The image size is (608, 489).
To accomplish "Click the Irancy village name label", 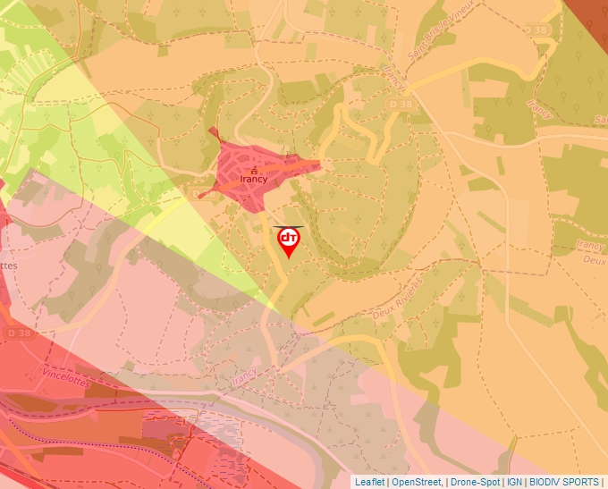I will click(x=254, y=178).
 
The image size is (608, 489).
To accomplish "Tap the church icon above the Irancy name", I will click(x=254, y=168).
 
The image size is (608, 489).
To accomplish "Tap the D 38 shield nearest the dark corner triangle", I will click(x=536, y=30).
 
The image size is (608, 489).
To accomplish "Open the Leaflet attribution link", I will click(x=369, y=482).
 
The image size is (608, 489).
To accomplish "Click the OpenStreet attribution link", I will click(x=417, y=482).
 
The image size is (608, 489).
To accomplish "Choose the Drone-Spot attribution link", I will click(x=475, y=482).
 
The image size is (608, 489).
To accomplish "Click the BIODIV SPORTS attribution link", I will click(x=563, y=482).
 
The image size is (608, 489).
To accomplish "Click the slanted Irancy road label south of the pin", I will click(x=242, y=378).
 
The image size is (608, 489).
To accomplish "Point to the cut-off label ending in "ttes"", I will click(x=9, y=266).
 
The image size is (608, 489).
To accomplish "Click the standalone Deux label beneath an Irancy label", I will click(x=594, y=261).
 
